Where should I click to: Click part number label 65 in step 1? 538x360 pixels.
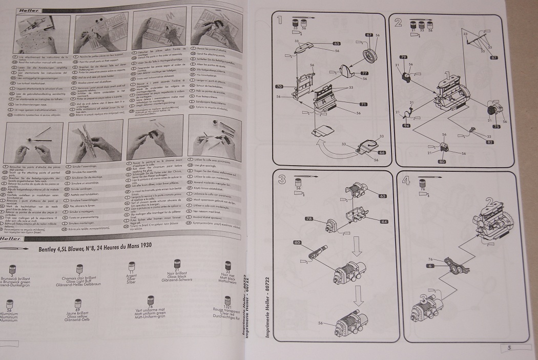click(x=337, y=44)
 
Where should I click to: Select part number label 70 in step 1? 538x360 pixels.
click(x=279, y=86)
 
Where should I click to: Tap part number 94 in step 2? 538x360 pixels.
click(x=406, y=125)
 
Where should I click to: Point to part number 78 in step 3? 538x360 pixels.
click(x=309, y=219)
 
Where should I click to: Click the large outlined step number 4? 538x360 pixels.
click(x=406, y=180)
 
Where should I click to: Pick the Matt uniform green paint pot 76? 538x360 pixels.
click(x=151, y=302)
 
